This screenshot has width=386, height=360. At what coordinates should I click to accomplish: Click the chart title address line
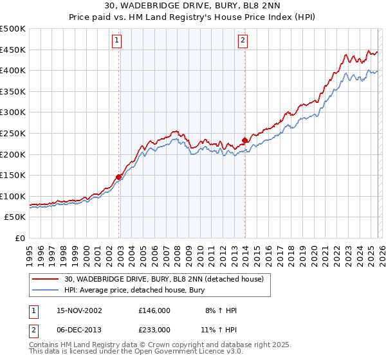tap(193, 6)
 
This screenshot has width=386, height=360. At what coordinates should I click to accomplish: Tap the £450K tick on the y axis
tap(13, 50)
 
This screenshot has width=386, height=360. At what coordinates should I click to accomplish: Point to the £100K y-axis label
tap(13, 196)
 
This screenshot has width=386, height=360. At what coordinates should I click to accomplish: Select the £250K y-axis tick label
tap(13, 133)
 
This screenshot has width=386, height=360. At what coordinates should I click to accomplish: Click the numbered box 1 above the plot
tap(117, 40)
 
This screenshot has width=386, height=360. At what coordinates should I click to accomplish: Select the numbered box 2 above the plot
tap(243, 40)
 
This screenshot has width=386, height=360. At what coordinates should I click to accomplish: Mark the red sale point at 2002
tap(119, 177)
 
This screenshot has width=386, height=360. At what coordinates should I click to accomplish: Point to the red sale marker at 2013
tap(244, 140)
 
